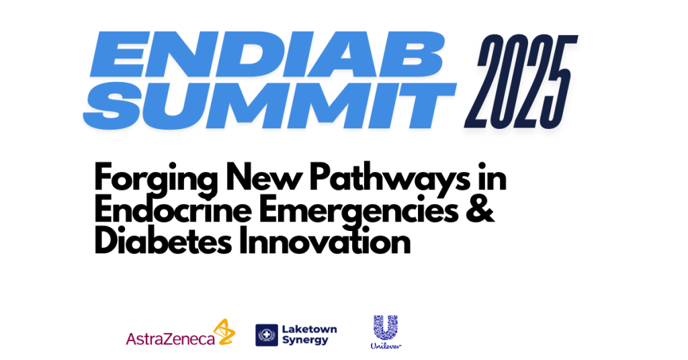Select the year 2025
click(x=521, y=81)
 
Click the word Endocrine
click(x=173, y=210)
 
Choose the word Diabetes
click(x=163, y=242)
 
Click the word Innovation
click(x=325, y=242)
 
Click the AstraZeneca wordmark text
click(x=170, y=339)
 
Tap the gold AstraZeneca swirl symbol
click(x=224, y=332)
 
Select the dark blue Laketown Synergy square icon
click(x=267, y=335)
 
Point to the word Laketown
click(x=309, y=329)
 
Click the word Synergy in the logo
click(x=305, y=341)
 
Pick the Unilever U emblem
click(x=386, y=328)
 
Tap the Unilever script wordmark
click(x=386, y=346)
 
